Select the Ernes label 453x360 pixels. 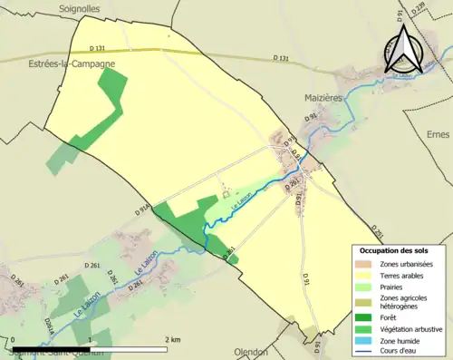437,133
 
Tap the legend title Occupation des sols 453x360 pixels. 394,249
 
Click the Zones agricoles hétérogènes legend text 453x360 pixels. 402,302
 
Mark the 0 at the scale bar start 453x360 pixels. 14,339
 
